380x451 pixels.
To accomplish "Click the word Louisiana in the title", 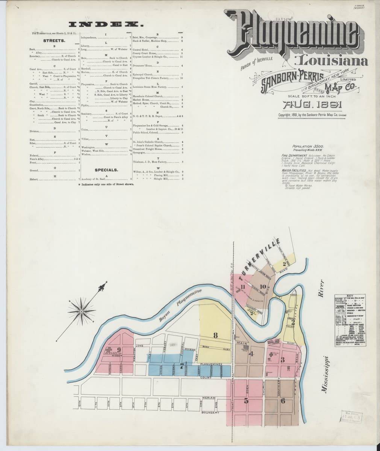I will coord(331,60).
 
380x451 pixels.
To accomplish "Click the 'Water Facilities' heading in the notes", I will coord(293,171).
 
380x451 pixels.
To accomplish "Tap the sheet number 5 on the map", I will coord(246,401).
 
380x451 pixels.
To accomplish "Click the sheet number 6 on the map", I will coord(283,401).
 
